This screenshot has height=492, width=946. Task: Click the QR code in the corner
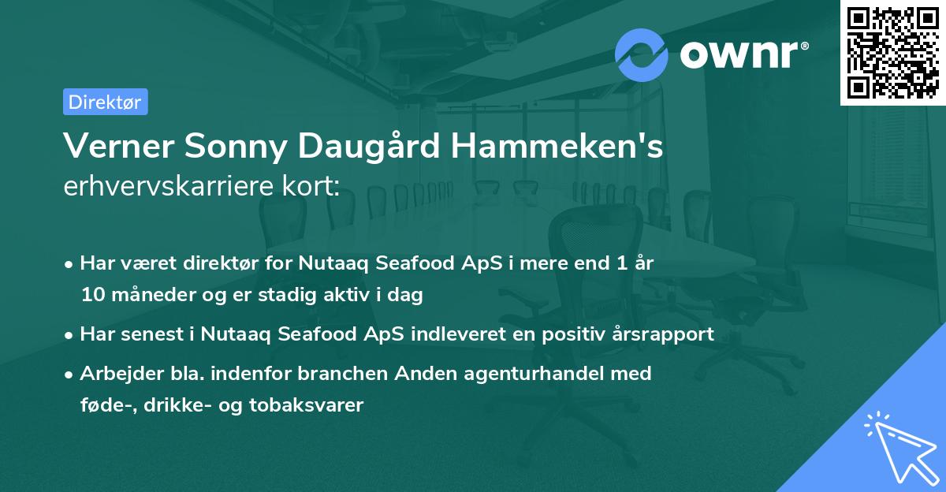pos(893,52)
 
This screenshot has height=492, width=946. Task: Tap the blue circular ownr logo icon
pos(642,54)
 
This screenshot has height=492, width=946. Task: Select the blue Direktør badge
pos(105,102)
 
